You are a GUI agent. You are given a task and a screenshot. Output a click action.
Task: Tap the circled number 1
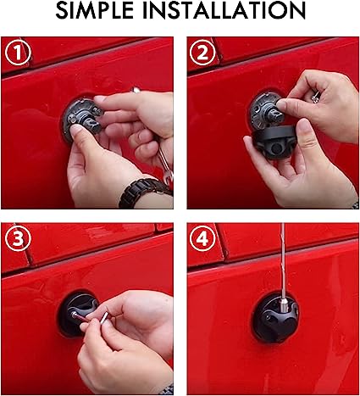pos(18,54)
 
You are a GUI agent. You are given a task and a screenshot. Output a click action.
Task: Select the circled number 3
pos(18,240)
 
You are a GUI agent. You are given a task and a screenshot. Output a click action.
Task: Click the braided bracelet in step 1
pos(144,191)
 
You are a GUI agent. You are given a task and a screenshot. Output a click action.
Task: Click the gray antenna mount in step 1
pos(75,119)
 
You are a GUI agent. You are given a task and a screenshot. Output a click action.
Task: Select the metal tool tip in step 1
pos(136,88)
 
